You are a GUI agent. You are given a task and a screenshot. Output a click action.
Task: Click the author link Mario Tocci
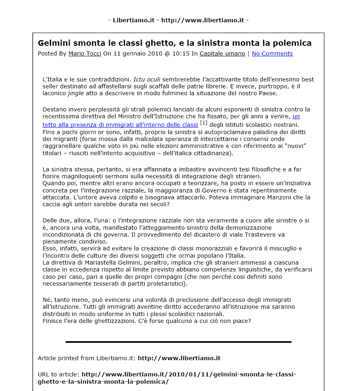pyautogui.click(x=84, y=53)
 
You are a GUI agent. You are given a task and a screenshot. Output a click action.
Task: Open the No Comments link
pyautogui.click(x=272, y=53)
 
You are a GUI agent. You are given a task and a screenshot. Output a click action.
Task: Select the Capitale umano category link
pyautogui.click(x=222, y=53)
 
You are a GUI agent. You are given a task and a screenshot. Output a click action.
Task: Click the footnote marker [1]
pyautogui.click(x=204, y=123)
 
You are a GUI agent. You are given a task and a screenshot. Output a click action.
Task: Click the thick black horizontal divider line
pyautogui.click(x=178, y=342)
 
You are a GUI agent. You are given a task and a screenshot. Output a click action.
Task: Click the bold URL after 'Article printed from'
pyautogui.click(x=179, y=358)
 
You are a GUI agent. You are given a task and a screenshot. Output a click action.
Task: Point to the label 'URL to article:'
pyautogui.click(x=58, y=374)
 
